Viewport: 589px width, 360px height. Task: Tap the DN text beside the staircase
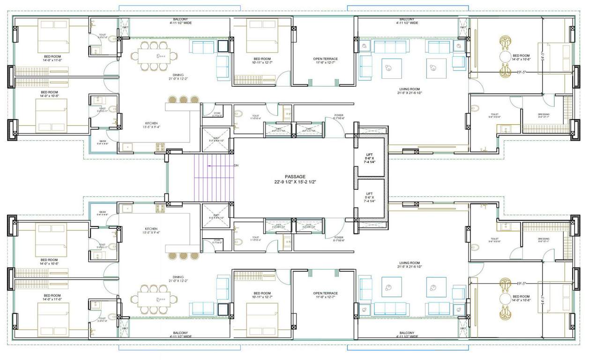click(236, 165)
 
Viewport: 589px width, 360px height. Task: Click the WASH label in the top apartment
click(102, 142)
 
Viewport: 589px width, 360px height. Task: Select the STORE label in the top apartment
click(217, 114)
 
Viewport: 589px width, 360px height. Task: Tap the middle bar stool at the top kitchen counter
click(183, 99)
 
